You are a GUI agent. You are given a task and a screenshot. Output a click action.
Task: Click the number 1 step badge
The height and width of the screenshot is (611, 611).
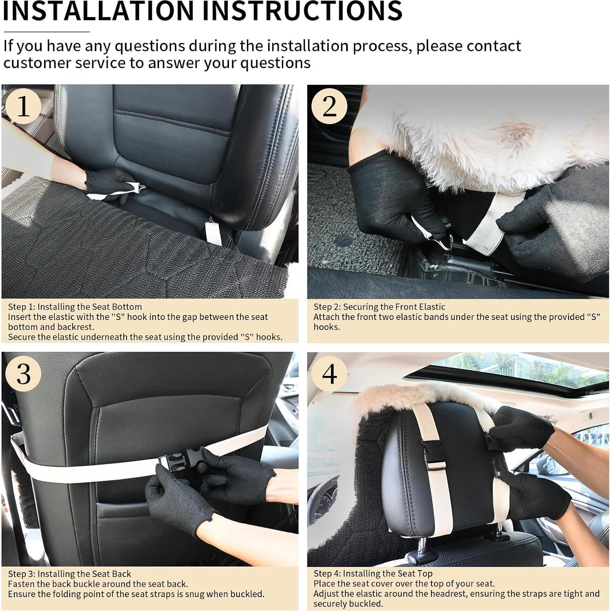click(23, 106)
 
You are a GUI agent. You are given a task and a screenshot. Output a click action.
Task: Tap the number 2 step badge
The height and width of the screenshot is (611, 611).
click(329, 106)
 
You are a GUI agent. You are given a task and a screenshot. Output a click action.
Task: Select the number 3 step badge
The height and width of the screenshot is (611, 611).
click(23, 373)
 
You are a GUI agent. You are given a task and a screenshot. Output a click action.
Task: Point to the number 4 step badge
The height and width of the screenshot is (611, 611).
click(329, 373)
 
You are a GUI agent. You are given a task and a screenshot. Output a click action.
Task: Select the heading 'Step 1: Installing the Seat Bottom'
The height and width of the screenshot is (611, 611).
click(75, 307)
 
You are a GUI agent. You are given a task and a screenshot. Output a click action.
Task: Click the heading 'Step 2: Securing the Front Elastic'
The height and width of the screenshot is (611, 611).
click(379, 307)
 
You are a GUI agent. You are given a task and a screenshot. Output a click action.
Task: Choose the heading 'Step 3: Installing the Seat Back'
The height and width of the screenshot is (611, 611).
click(69, 574)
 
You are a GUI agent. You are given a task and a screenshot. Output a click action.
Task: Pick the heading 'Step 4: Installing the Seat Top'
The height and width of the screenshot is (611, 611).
click(373, 574)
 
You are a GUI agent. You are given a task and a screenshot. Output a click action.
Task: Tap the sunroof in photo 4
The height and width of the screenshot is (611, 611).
click(518, 369)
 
